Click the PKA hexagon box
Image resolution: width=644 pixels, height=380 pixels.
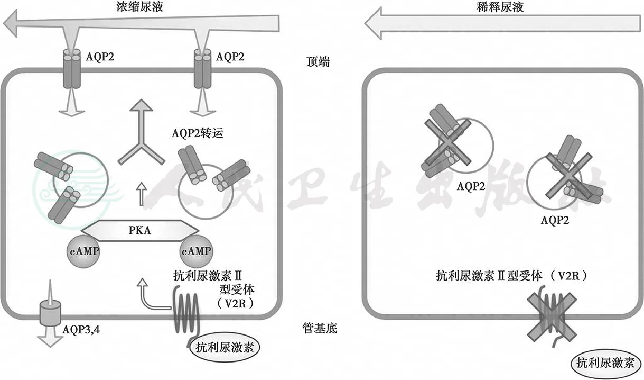[x=139, y=231]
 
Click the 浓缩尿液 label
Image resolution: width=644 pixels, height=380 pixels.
[x=138, y=7]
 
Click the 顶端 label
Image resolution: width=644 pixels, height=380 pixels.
[x=318, y=62]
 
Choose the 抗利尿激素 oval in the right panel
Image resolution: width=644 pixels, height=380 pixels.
[x=605, y=363]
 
